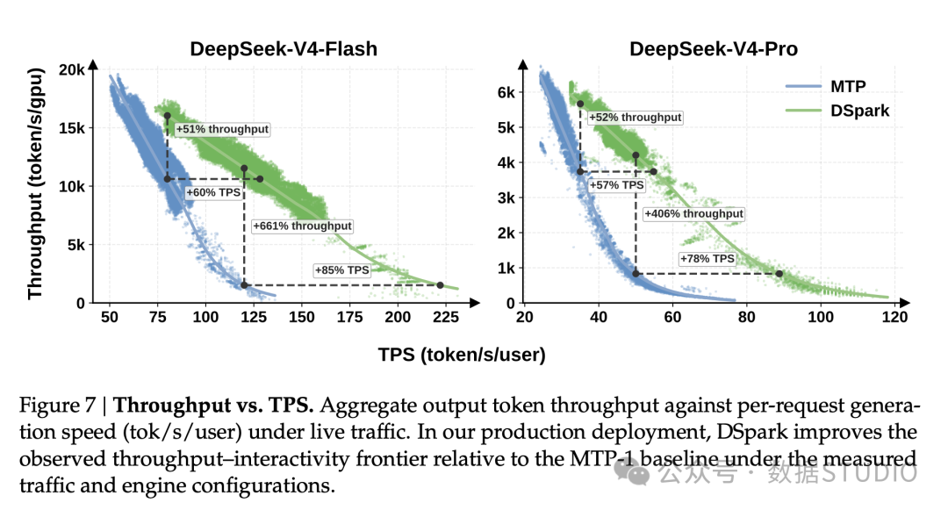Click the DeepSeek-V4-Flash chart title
click(284, 49)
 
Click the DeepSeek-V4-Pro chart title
click(714, 49)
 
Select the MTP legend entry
click(826, 86)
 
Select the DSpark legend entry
click(837, 111)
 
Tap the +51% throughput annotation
click(222, 129)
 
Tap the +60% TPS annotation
click(213, 193)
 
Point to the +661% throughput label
click(302, 226)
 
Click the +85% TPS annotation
click(341, 270)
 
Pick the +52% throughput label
click(635, 118)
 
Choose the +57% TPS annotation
click(616, 185)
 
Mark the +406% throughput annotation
click(693, 213)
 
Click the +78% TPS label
click(707, 259)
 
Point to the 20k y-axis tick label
click(71, 70)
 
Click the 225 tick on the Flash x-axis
click(446, 317)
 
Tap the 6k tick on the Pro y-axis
click(506, 93)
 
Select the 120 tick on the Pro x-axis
click(894, 317)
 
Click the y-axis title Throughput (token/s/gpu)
click(36, 183)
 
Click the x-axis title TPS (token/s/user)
click(462, 355)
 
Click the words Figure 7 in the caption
click(57, 405)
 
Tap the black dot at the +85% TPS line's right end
click(440, 285)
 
